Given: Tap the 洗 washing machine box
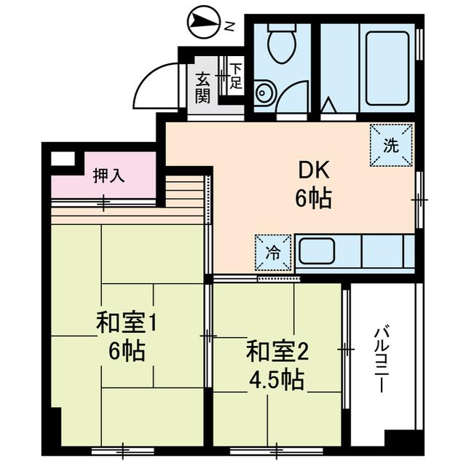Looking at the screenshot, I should [x=391, y=145].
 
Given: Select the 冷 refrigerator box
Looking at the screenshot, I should [x=272, y=253].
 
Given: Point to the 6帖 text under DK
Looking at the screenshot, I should [x=313, y=197].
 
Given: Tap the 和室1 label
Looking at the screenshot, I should [x=127, y=323].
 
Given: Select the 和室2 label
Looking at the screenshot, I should [x=277, y=352].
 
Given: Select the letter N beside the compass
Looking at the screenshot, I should [x=229, y=26].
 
